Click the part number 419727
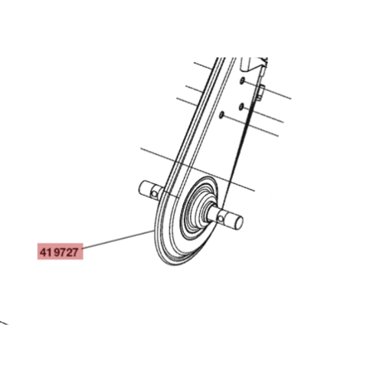click(59, 253)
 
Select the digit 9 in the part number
click(57, 253)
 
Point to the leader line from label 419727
click(118, 239)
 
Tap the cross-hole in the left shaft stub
click(155, 195)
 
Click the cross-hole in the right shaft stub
click(221, 218)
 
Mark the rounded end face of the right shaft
click(239, 222)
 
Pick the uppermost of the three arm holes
click(242, 80)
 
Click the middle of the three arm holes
click(241, 107)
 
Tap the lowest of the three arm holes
click(221, 115)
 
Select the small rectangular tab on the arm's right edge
click(260, 93)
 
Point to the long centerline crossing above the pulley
click(198, 169)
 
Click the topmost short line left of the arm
click(203, 66)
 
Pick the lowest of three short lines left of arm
click(187, 102)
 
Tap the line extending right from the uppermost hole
click(267, 90)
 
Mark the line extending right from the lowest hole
click(250, 126)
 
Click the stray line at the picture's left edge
click(4, 322)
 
